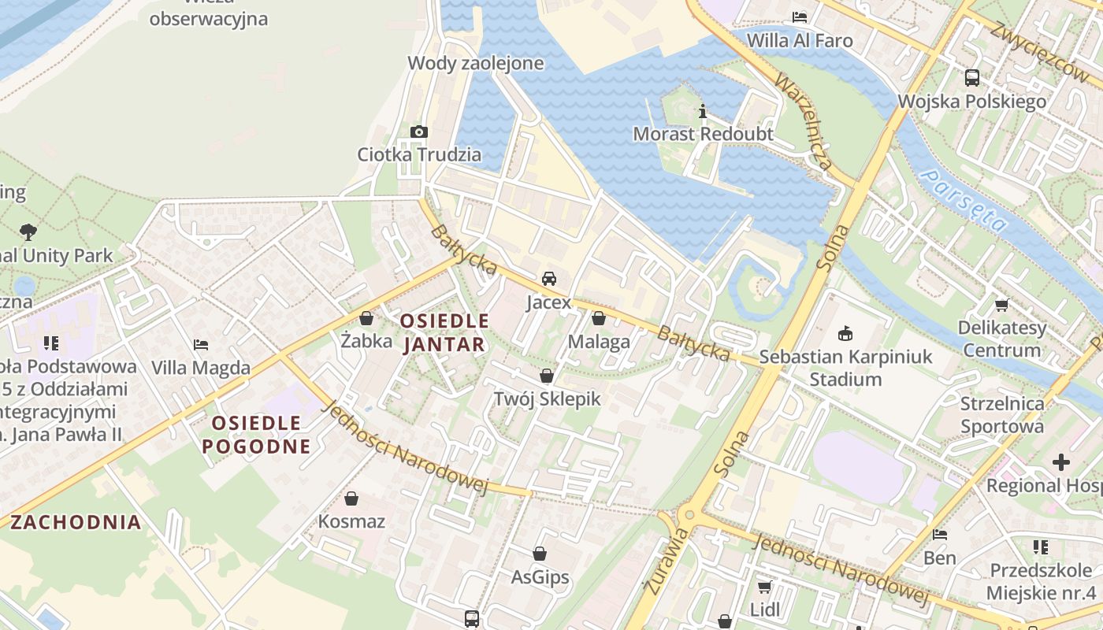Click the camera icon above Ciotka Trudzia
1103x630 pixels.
(x=419, y=132)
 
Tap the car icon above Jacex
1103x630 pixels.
(x=549, y=278)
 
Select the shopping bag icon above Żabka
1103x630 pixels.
(x=366, y=318)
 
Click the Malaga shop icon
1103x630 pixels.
(x=599, y=318)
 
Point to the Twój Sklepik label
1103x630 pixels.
(x=547, y=399)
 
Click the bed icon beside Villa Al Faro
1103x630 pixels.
(x=800, y=17)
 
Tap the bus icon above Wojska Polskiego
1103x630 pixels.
(x=972, y=78)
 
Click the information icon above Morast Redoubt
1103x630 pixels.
(x=703, y=111)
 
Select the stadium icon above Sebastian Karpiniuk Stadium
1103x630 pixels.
(x=845, y=333)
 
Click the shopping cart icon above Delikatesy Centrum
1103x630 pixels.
(x=1001, y=305)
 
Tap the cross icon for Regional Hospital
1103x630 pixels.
(x=1061, y=461)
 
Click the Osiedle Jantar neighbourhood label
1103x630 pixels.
(x=444, y=332)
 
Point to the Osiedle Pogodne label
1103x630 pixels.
(x=256, y=435)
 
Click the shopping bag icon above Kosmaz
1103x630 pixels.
(x=351, y=498)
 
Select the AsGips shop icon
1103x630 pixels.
(x=540, y=554)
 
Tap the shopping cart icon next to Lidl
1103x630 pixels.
(x=764, y=587)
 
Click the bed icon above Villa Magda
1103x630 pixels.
(x=201, y=344)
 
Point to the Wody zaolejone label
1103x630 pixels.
(x=475, y=63)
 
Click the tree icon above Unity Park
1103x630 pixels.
(x=29, y=232)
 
